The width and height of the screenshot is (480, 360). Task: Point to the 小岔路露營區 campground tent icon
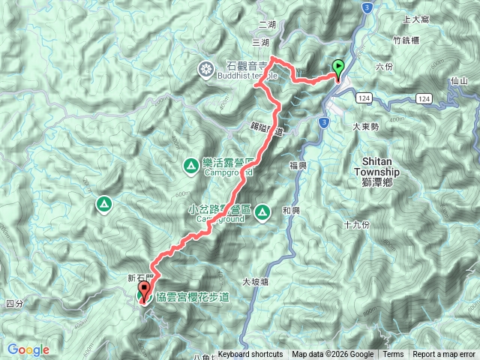tap(262, 212)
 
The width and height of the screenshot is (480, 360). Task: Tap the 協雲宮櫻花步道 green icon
tap(143, 298)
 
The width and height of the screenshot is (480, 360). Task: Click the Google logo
tap(28, 349)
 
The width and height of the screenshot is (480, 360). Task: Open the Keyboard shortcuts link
tap(250, 355)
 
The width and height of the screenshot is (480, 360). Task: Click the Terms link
tap(393, 355)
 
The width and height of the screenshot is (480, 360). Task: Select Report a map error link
tap(444, 355)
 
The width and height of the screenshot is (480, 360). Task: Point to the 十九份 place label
tap(356, 225)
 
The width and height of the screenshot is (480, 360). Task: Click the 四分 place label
tap(14, 304)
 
